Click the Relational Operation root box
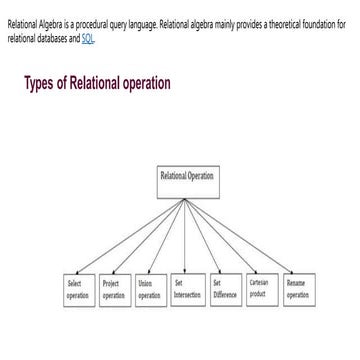(187, 184)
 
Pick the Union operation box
(149, 289)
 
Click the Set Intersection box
(186, 289)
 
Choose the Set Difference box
(224, 289)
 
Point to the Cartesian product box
(261, 289)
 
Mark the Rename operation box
(298, 289)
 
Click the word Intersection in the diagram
(187, 295)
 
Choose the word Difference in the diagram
(224, 295)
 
